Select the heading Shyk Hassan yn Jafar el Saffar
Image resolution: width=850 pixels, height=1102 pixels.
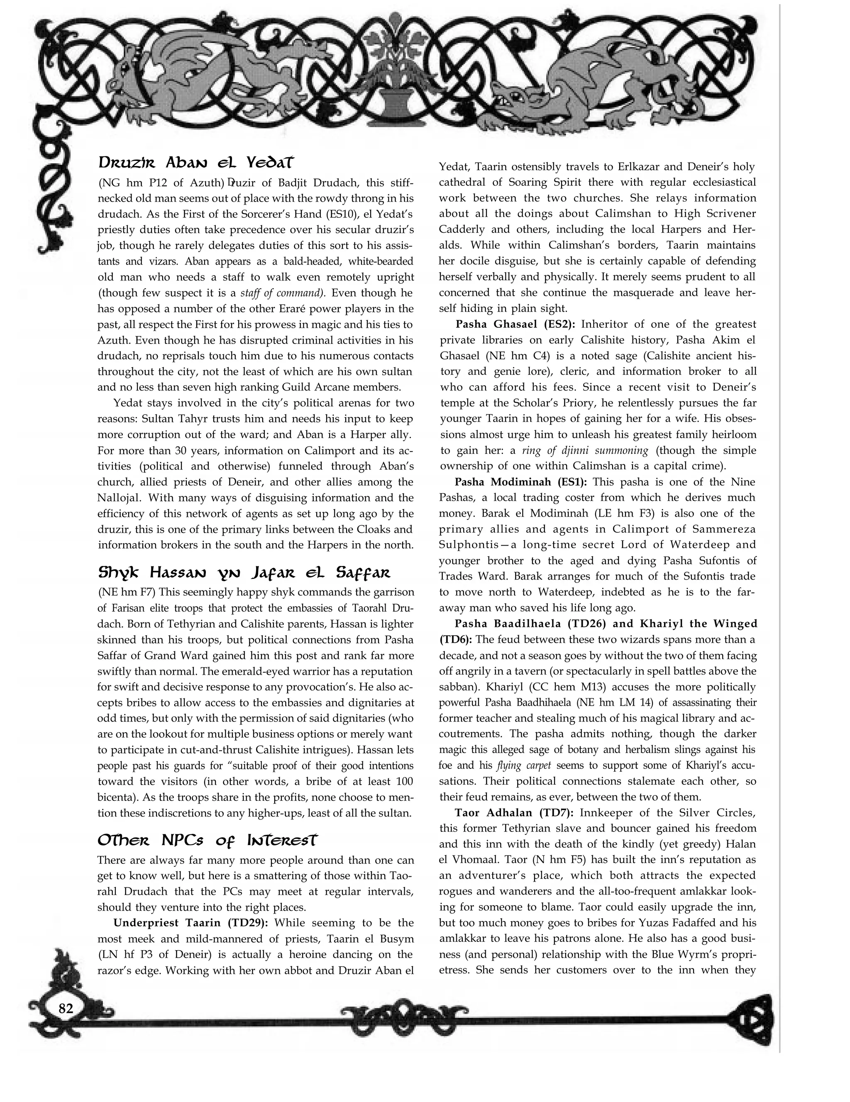244,573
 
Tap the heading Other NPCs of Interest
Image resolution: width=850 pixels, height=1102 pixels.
208,841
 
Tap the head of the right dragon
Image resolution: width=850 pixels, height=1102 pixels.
514,100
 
